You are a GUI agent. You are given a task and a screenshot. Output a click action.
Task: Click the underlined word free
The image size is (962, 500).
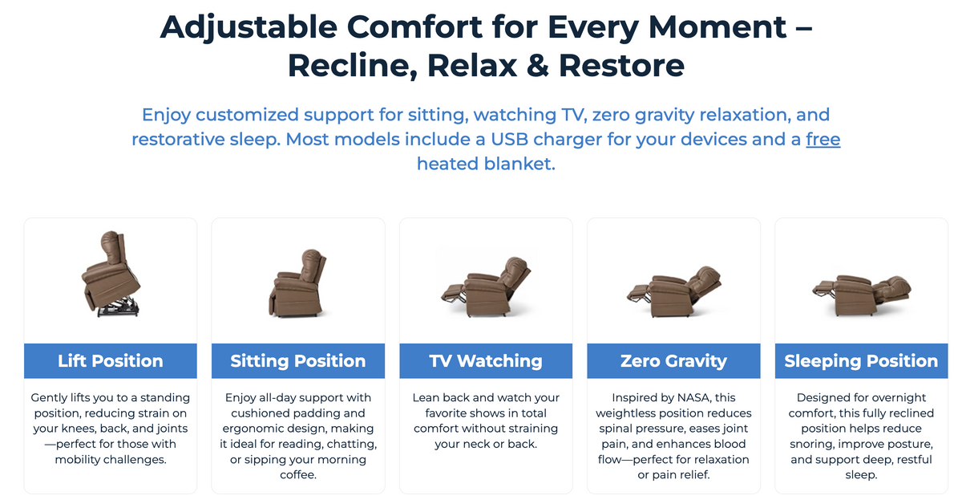point(823,140)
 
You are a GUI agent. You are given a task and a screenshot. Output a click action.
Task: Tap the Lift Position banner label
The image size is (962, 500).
point(111,360)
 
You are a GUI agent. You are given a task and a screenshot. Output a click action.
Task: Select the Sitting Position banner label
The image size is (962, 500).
point(298,360)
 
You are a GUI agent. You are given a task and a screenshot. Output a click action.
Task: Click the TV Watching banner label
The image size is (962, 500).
point(486,360)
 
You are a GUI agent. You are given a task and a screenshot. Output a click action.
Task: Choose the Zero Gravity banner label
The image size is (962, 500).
point(673,360)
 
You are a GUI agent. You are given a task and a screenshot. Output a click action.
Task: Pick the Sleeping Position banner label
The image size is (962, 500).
point(861,360)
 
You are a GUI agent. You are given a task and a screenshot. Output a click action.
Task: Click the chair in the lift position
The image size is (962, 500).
point(111,274)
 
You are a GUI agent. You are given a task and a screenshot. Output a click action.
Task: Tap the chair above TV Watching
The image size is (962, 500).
point(486,287)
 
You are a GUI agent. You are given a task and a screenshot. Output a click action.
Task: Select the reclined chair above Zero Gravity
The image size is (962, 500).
point(674,291)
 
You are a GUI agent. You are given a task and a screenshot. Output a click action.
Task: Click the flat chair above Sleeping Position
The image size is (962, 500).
point(861,295)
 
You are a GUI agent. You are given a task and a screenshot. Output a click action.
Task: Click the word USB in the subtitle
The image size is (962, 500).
point(509,140)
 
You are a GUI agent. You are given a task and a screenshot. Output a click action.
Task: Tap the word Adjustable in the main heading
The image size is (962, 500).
point(249,28)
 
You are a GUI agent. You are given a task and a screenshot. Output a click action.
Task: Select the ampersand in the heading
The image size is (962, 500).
point(538,66)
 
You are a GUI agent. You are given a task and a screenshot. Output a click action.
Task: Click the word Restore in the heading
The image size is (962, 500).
point(621,66)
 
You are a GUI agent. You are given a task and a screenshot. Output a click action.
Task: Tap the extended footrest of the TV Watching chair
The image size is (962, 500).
point(453,293)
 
